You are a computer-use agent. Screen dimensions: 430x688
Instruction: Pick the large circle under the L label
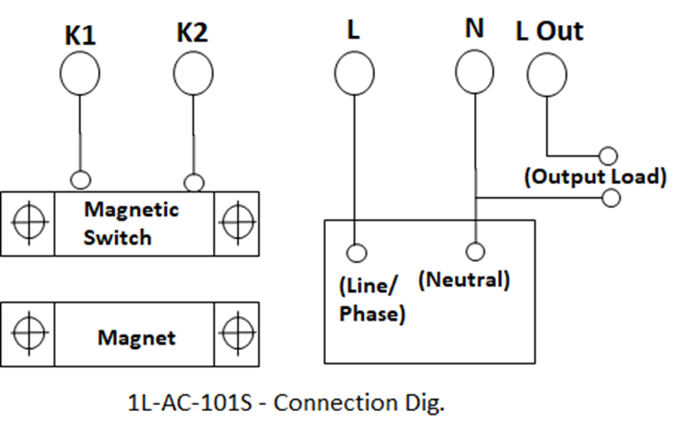pyautogui.click(x=353, y=73)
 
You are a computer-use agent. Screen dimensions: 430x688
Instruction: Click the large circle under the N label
pyautogui.click(x=474, y=71)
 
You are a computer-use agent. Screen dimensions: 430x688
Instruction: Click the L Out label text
pyautogui.click(x=550, y=31)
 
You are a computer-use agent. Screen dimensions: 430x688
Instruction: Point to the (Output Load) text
pyautogui.click(x=595, y=177)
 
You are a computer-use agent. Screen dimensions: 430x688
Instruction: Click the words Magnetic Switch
pyautogui.click(x=130, y=223)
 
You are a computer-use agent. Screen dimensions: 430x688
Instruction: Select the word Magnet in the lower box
pyautogui.click(x=136, y=337)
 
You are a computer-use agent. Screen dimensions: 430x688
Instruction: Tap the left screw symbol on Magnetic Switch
pyautogui.click(x=28, y=223)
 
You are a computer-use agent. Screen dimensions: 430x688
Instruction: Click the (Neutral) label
pyautogui.click(x=464, y=280)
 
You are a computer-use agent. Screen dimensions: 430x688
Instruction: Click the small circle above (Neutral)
pyautogui.click(x=474, y=251)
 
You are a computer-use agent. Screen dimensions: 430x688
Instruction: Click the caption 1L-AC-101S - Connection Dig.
pyautogui.click(x=286, y=402)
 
